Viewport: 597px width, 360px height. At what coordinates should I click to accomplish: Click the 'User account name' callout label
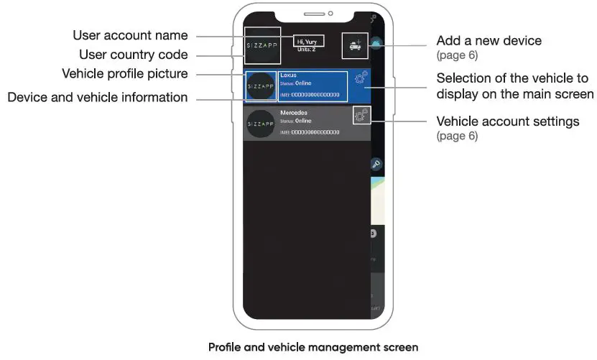click(x=130, y=35)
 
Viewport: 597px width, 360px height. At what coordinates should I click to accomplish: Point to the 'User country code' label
click(x=134, y=55)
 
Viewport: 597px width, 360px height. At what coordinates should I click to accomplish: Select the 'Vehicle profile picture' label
click(x=125, y=73)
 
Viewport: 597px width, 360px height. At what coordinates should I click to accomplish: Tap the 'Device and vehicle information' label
click(x=98, y=97)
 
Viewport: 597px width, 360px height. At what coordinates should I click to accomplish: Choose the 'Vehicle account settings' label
click(x=508, y=121)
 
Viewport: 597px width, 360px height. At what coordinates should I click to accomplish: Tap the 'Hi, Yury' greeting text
click(x=307, y=42)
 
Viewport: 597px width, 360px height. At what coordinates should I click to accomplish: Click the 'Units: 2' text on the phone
click(x=307, y=49)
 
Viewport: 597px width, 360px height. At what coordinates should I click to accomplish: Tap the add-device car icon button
click(x=354, y=45)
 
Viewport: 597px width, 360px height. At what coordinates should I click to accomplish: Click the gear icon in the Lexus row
click(x=361, y=77)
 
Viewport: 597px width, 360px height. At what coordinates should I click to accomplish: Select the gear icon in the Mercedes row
click(x=361, y=114)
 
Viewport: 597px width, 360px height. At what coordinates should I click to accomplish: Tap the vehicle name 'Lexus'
click(x=288, y=74)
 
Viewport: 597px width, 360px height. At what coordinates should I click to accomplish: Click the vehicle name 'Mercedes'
click(x=293, y=113)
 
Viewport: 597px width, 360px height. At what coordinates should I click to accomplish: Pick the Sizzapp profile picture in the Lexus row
click(x=260, y=86)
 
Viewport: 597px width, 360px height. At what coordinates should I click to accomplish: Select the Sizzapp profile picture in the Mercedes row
click(x=260, y=124)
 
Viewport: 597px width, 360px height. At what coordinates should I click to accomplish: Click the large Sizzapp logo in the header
click(x=262, y=46)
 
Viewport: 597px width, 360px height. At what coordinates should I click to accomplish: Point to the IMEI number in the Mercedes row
click(x=310, y=132)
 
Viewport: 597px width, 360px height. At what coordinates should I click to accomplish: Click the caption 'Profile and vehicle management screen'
click(x=313, y=348)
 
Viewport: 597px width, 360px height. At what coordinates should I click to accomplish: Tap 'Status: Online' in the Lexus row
click(x=296, y=83)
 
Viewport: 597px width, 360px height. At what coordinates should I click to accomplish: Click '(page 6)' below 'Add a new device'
click(x=457, y=55)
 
